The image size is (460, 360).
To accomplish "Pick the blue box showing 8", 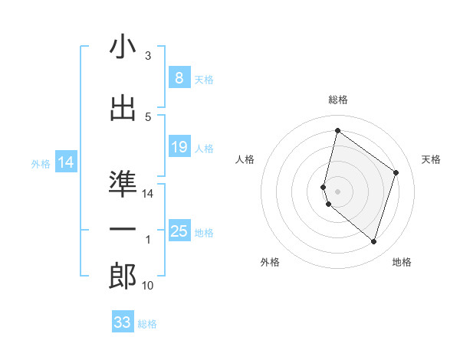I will pos(179,78).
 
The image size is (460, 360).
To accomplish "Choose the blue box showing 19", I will pos(179,147).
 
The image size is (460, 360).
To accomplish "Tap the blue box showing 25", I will pos(179,231).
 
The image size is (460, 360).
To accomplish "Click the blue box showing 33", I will pos(123,322).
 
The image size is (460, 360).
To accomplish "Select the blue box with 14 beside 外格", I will pos(65,162).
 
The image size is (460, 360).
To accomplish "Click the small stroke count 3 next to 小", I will pos(148,56).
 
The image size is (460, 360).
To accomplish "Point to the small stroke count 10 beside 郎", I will pos(148,286).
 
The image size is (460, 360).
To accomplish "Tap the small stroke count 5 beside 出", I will pos(148,116).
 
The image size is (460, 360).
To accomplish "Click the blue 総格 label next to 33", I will pos(147,324).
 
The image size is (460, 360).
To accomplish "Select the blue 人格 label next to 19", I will pos(204,148).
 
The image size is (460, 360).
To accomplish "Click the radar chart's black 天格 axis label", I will pos(432,159).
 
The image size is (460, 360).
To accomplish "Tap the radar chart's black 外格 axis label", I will pos(270,262).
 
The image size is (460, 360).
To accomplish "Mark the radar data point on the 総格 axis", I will pos(337,130).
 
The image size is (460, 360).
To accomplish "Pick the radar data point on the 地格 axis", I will pos(373,242).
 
